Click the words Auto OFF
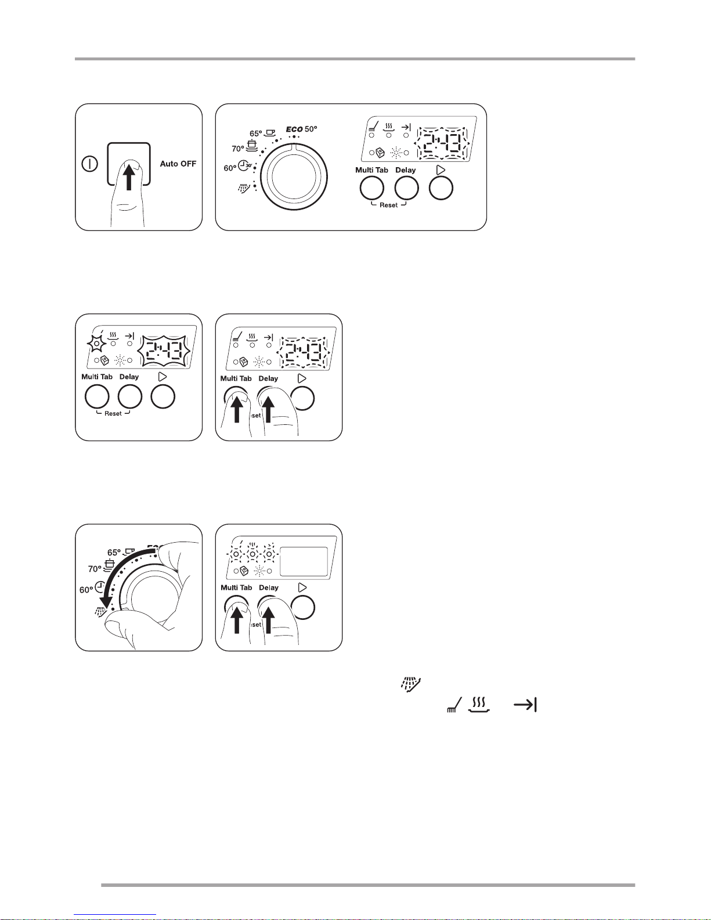(178, 164)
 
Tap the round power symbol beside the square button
(89, 164)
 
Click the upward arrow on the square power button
(129, 178)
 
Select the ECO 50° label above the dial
(301, 129)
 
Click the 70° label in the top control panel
(238, 149)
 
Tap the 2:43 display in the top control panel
(442, 143)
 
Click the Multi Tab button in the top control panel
(371, 189)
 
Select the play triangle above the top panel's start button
(441, 169)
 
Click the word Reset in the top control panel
(388, 205)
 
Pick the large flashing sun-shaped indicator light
(97, 344)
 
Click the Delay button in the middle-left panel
(130, 396)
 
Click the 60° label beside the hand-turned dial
(86, 590)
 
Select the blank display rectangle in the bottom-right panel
(304, 561)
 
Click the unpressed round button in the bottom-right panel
(303, 608)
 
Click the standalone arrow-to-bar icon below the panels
(525, 705)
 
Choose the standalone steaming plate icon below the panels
(479, 705)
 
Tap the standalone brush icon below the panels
(454, 705)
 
